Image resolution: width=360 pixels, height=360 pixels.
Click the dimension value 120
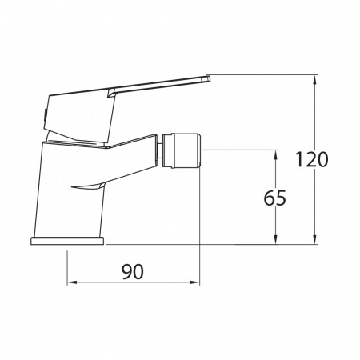[x=312, y=159]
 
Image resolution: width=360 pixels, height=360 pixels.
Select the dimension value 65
[x=274, y=198]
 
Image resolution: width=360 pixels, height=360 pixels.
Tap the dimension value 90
[x=133, y=272]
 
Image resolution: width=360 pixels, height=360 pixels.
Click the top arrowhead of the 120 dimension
[x=315, y=79]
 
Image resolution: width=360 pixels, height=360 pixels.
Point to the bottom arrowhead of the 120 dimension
[x=315, y=239]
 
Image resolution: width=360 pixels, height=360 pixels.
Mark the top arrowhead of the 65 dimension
[x=276, y=154]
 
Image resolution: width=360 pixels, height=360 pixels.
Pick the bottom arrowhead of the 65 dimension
[x=276, y=239]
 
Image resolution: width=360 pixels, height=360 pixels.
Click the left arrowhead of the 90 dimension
[x=71, y=282]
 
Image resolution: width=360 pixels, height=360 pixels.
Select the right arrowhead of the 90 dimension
[x=194, y=282]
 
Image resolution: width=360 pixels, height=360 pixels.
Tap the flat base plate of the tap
[x=67, y=241]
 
